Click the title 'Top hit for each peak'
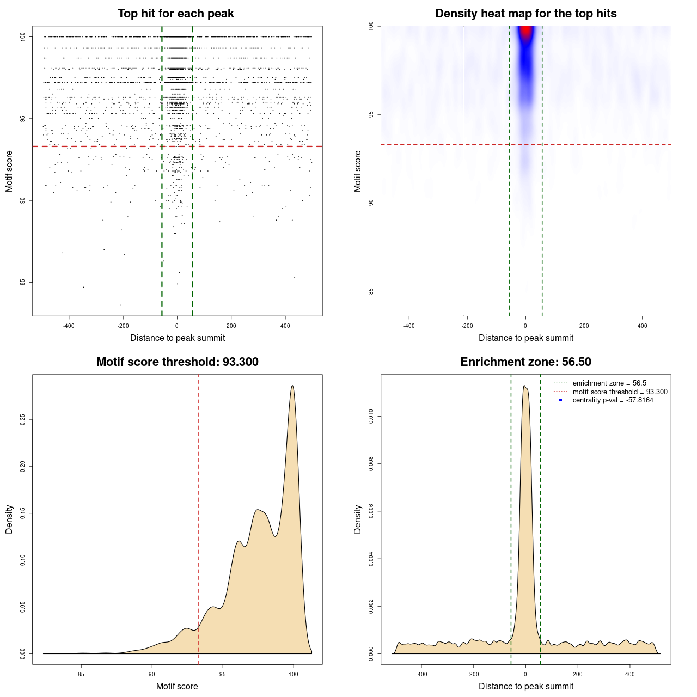(x=176, y=14)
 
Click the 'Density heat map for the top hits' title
(x=525, y=14)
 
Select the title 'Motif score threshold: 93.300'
(x=177, y=362)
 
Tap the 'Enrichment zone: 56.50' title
(x=525, y=362)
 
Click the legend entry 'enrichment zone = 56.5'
(x=609, y=383)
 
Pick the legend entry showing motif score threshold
(x=620, y=392)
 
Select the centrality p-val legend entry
(x=613, y=400)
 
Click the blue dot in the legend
(x=560, y=400)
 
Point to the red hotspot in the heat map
(x=525, y=32)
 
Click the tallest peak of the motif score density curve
(x=292, y=386)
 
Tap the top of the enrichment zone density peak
(x=524, y=386)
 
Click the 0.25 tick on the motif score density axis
(x=23, y=420)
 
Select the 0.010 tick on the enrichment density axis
(x=371, y=417)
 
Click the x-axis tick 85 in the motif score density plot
(x=81, y=674)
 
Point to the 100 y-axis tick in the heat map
(x=371, y=26)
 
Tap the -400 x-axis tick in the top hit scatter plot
(x=69, y=326)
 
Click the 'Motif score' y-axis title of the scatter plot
(x=9, y=172)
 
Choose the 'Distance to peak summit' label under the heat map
(x=525, y=338)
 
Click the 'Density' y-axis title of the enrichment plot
(x=358, y=519)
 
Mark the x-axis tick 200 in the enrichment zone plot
(x=577, y=674)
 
